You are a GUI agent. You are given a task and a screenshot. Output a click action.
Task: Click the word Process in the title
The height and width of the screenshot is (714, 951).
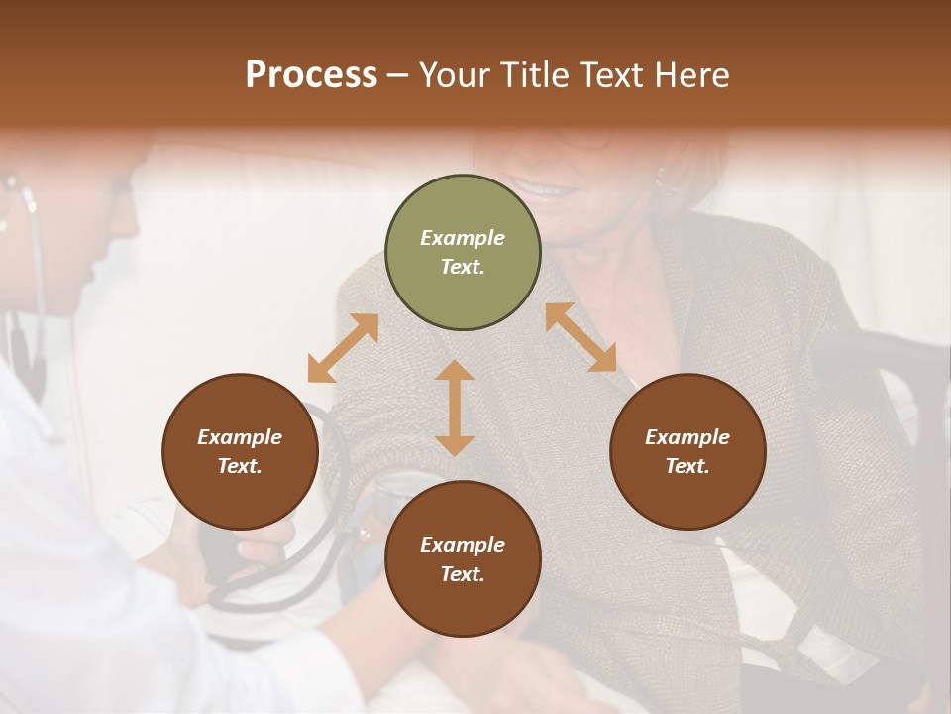coord(311,75)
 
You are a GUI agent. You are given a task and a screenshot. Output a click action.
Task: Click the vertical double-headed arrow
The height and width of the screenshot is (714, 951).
coord(455,409)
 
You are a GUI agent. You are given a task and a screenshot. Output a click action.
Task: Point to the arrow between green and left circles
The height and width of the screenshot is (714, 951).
coord(343,348)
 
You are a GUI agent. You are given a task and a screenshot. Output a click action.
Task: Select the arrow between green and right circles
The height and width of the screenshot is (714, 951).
coord(581,337)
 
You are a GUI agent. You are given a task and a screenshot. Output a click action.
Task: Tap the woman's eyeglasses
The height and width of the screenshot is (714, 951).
coord(584,139)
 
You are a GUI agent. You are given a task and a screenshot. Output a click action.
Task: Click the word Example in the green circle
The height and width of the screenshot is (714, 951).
coord(463,238)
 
